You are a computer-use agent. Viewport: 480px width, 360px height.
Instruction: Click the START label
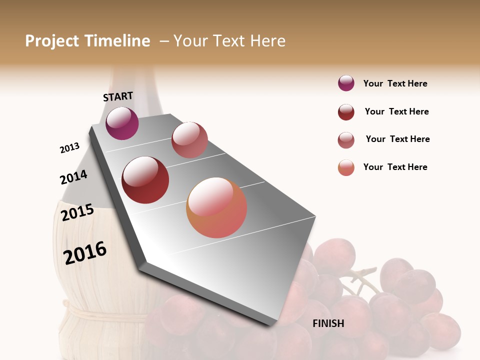tap(118, 96)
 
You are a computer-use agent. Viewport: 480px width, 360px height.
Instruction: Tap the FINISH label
tap(328, 323)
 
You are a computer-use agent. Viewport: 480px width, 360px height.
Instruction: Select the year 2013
tap(69, 148)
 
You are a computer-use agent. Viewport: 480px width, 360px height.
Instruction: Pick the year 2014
tap(73, 177)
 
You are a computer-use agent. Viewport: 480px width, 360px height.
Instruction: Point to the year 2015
tap(77, 212)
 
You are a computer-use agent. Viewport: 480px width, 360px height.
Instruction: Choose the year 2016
tap(85, 252)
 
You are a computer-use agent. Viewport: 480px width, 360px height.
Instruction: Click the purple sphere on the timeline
tap(122, 123)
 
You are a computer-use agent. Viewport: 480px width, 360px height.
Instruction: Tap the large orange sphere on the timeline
tap(216, 207)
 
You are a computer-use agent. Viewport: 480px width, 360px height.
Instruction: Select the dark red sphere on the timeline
tap(145, 180)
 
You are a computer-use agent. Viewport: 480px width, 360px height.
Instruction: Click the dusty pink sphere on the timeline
tap(189, 140)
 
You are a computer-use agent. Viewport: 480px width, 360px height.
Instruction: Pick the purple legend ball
tap(346, 83)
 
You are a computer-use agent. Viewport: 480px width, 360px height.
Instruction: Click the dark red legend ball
tap(346, 112)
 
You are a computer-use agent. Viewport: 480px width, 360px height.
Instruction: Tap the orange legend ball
tap(346, 167)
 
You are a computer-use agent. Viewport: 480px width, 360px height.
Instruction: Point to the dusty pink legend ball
tap(346, 140)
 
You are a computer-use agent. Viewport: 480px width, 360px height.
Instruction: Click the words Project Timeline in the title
tap(87, 41)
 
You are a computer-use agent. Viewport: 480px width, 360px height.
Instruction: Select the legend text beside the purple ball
tap(395, 84)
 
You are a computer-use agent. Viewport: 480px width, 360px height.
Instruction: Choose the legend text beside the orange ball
tap(395, 167)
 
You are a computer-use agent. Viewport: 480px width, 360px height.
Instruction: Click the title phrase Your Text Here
tap(229, 41)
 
